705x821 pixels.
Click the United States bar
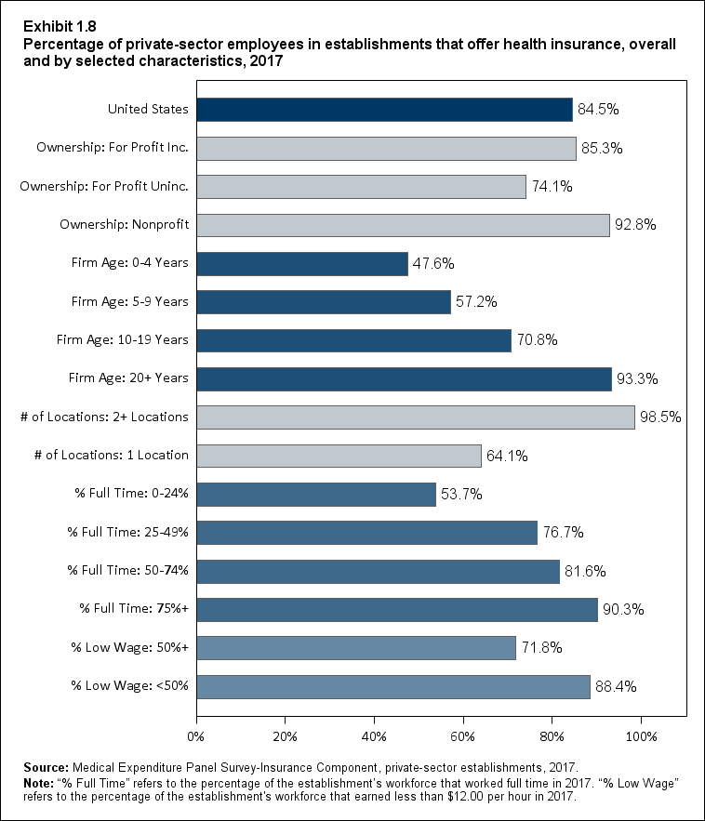click(384, 109)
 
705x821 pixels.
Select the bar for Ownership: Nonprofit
click(403, 225)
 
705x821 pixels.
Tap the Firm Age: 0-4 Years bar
click(302, 263)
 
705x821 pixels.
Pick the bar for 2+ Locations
click(416, 417)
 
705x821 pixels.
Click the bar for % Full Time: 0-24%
click(316, 494)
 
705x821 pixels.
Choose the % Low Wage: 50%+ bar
click(356, 647)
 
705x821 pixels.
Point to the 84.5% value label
click(598, 110)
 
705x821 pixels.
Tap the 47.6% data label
click(433, 264)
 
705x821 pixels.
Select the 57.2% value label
click(476, 302)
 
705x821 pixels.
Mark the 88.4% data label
click(616, 686)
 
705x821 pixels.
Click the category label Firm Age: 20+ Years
click(129, 378)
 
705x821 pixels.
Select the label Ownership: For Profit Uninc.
click(104, 186)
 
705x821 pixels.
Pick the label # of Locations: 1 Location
click(104, 456)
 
